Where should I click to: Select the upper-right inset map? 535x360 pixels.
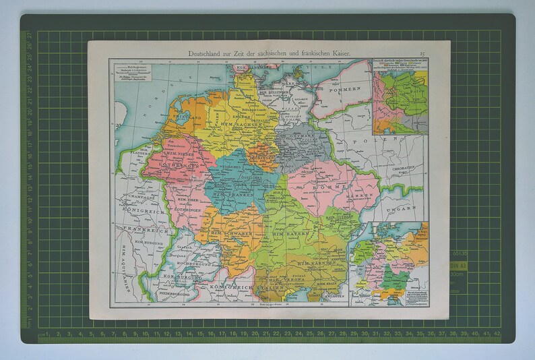point(400,94)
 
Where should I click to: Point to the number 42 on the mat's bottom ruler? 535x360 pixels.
point(497,333)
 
